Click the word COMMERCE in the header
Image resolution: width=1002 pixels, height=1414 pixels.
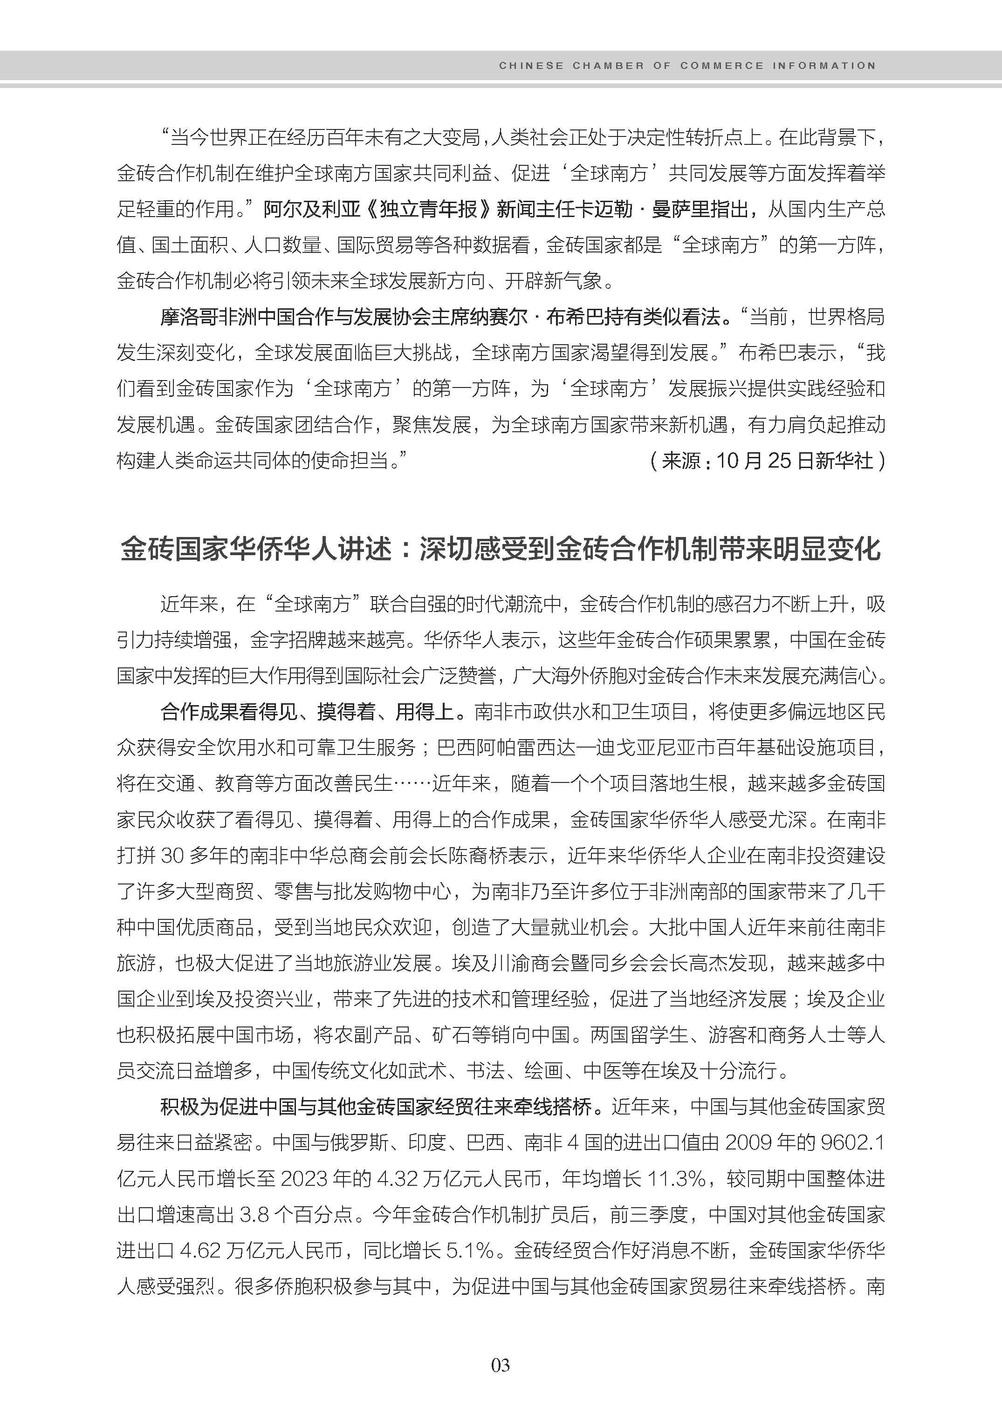722,65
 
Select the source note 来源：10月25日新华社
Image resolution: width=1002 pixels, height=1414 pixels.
768,461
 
